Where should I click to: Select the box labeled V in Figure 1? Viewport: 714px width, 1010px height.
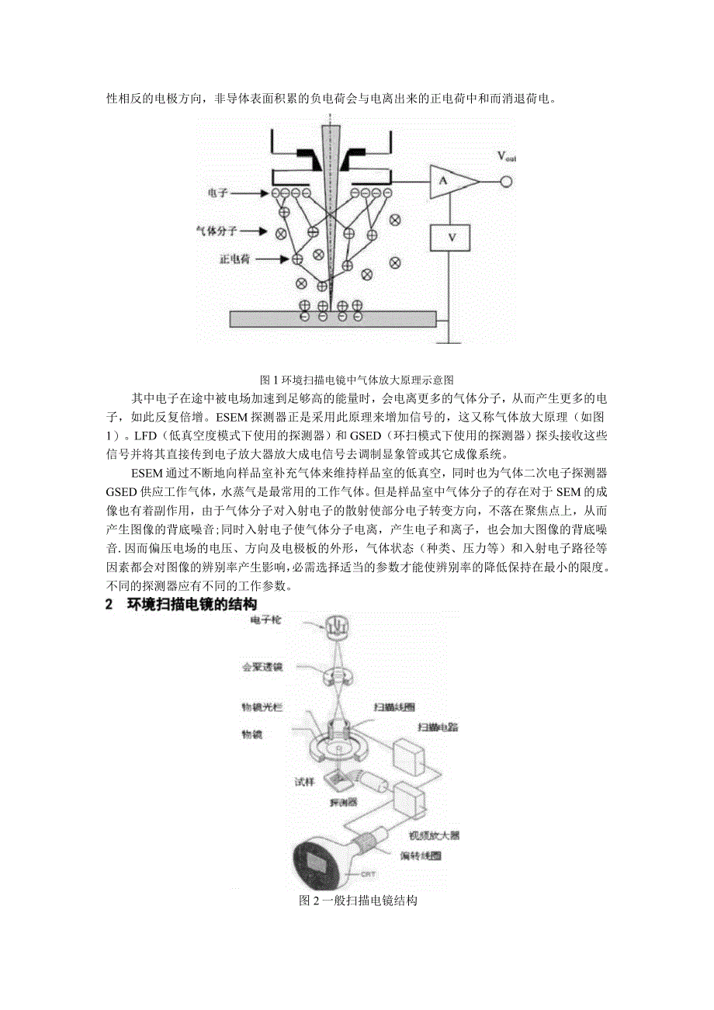click(x=451, y=238)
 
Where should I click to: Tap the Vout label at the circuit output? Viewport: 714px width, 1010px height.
click(x=507, y=157)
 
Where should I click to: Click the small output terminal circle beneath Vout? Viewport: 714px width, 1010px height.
click(x=508, y=182)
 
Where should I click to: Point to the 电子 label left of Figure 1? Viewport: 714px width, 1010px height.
click(x=219, y=192)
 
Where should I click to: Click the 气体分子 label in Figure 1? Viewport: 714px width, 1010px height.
click(x=216, y=231)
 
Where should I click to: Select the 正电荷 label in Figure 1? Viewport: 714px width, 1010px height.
click(x=224, y=259)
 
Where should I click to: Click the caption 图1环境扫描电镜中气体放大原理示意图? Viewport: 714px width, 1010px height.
click(x=356, y=380)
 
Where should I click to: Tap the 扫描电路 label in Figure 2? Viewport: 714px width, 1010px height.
click(x=435, y=727)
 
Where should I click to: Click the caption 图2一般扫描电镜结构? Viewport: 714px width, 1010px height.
click(x=359, y=901)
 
